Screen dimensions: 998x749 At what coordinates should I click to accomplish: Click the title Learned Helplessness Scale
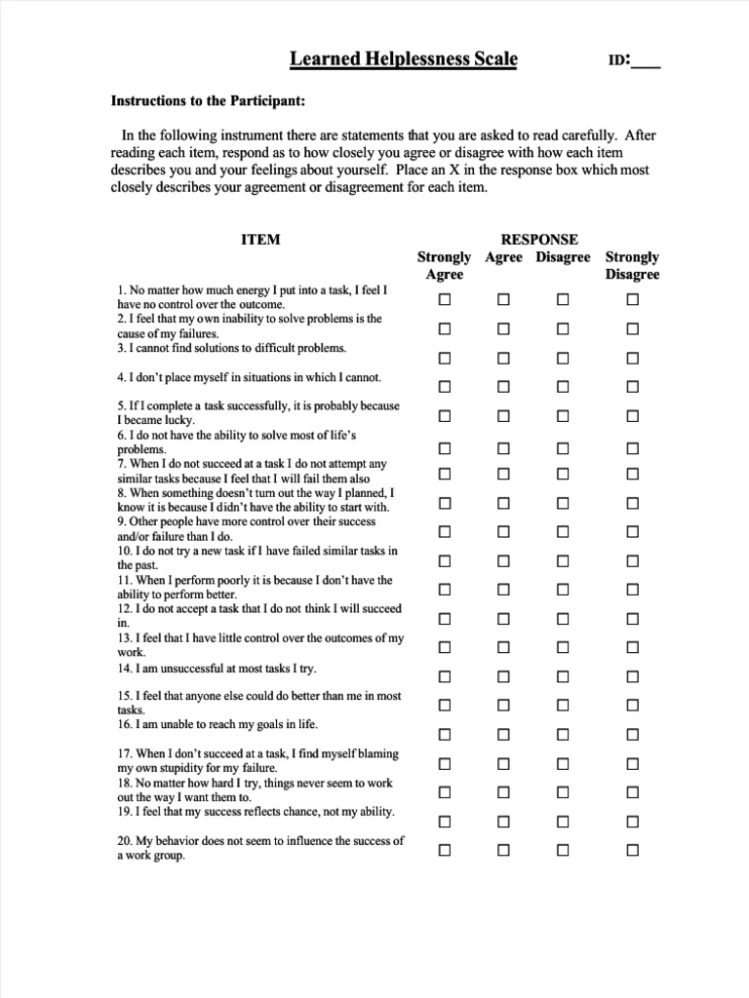pyautogui.click(x=404, y=60)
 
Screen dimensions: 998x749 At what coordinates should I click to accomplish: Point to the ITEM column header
pyautogui.click(x=260, y=240)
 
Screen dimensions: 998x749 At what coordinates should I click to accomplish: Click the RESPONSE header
pyautogui.click(x=539, y=240)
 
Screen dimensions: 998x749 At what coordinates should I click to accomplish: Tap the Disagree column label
pyautogui.click(x=563, y=257)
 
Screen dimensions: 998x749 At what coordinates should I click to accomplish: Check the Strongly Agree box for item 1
pyautogui.click(x=445, y=300)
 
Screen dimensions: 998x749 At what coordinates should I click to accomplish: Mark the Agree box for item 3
pyautogui.click(x=503, y=358)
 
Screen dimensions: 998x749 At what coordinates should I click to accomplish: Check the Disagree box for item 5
pyautogui.click(x=563, y=416)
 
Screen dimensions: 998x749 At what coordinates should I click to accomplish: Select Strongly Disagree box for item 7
pyautogui.click(x=632, y=475)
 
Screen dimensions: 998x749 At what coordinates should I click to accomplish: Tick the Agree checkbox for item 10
pyautogui.click(x=503, y=561)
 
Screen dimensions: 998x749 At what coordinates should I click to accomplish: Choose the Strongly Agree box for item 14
pyautogui.click(x=445, y=676)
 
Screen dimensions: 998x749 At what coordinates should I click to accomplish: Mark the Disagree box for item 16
pyautogui.click(x=563, y=734)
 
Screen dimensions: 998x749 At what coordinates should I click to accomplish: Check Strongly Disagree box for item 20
pyautogui.click(x=632, y=850)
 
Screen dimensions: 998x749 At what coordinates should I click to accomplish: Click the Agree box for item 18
pyautogui.click(x=503, y=792)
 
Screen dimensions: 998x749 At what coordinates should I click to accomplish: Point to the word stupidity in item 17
pyautogui.click(x=177, y=768)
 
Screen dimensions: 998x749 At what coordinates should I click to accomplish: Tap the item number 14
pyautogui.click(x=124, y=669)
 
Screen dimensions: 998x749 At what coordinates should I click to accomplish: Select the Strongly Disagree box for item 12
pyautogui.click(x=632, y=619)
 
